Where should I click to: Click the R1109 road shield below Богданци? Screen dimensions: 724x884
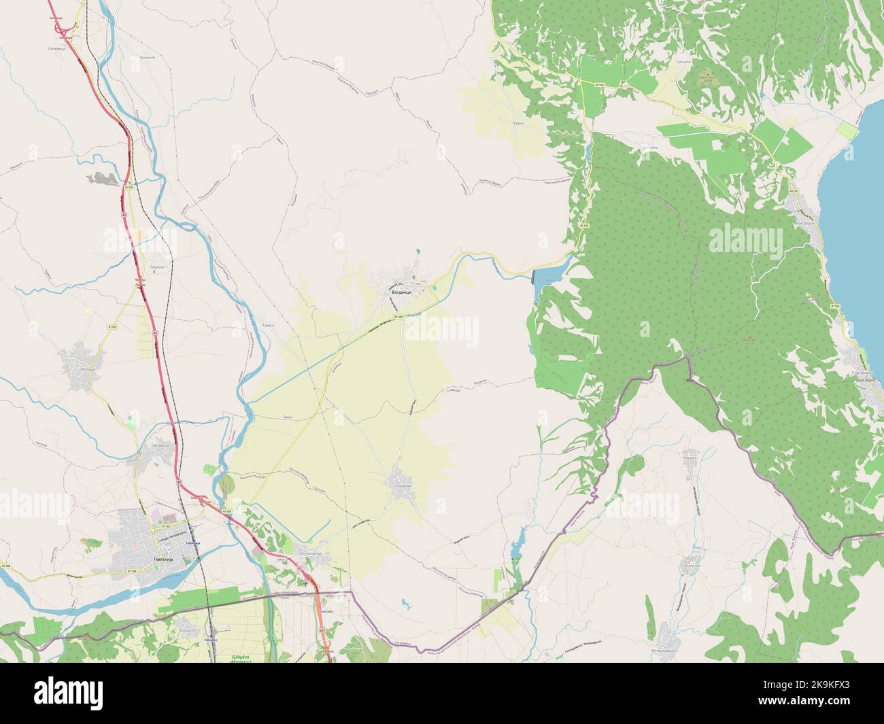click(398, 316)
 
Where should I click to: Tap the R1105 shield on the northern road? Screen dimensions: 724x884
click(599, 84)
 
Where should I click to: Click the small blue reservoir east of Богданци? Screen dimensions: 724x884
click(548, 278)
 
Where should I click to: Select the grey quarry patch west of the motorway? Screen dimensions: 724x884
click(102, 179)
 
